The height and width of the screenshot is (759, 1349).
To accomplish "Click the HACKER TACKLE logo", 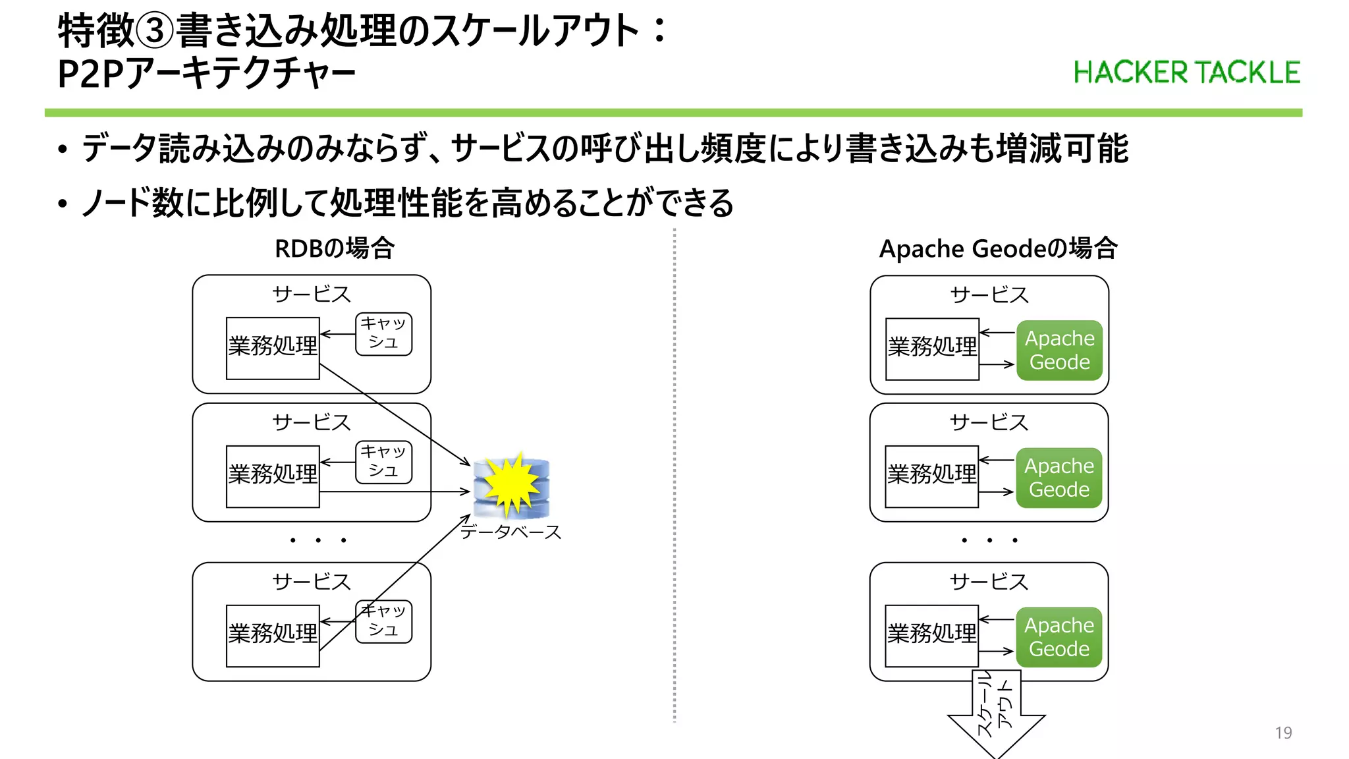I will click(x=1186, y=72).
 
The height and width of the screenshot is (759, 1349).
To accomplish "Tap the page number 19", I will click(x=1283, y=733).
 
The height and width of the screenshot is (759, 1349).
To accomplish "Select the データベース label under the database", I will click(x=510, y=532).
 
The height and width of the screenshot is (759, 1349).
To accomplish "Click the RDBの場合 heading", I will click(x=335, y=248).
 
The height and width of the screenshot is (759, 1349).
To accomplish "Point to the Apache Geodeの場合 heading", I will click(x=998, y=248).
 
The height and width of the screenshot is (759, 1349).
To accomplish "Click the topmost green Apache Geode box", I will click(x=1059, y=350).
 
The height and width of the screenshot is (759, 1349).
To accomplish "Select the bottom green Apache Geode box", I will click(x=1059, y=637).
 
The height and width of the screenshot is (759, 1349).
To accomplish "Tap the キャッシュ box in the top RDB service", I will click(x=383, y=334).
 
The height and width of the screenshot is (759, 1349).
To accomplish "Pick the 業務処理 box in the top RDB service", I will click(x=273, y=348).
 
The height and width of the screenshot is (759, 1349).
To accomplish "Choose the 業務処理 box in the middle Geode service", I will click(x=931, y=476).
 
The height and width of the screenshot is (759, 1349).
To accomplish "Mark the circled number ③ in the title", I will click(x=155, y=31).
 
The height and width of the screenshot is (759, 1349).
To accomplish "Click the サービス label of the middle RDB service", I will click(x=312, y=422).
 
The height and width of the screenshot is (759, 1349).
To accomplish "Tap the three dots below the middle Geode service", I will click(x=989, y=540).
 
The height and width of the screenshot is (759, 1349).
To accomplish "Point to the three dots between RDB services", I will click(x=318, y=540).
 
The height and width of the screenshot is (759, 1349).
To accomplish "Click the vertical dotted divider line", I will click(x=674, y=474).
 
